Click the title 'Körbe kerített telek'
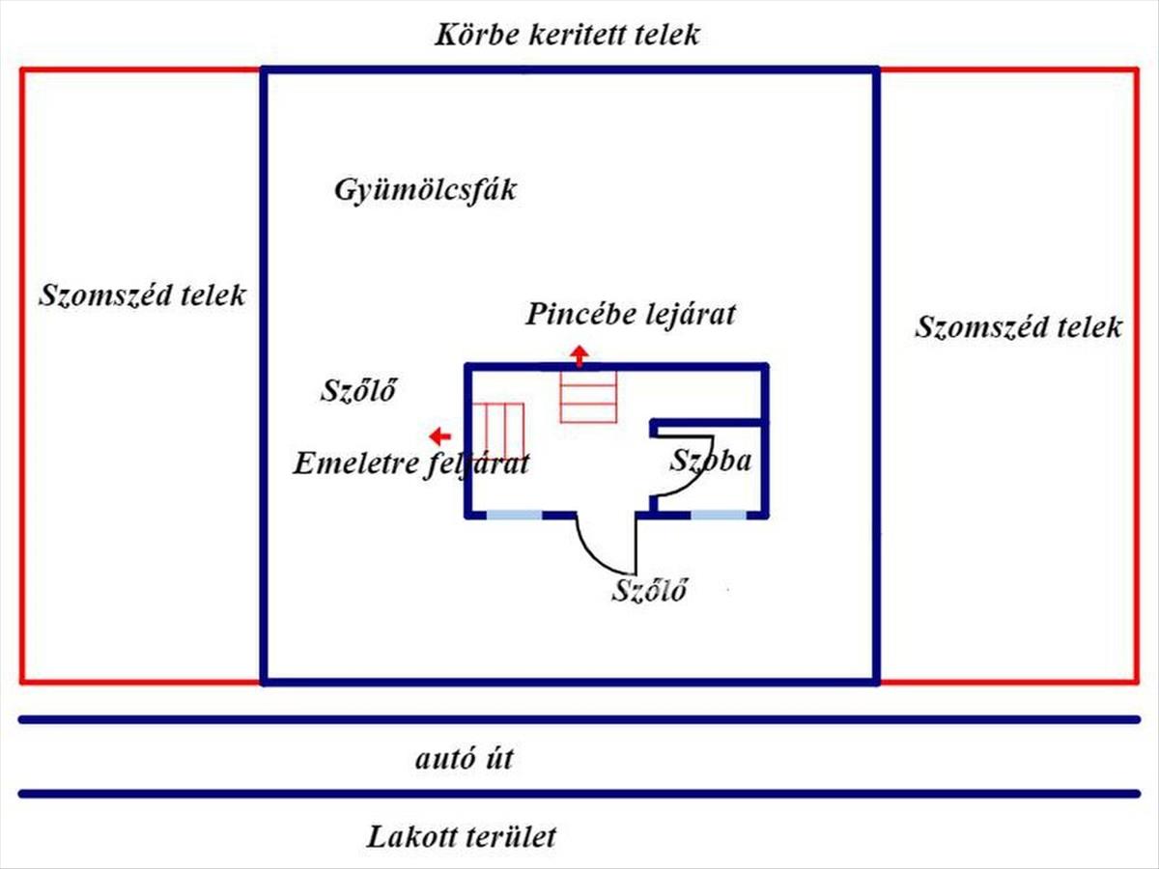(x=567, y=36)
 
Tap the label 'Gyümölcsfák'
(x=425, y=189)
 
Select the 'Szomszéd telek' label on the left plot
(x=142, y=294)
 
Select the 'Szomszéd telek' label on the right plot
(x=1018, y=326)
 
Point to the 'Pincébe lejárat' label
(x=631, y=314)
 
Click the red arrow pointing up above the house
(x=579, y=355)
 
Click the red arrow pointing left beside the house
(x=440, y=434)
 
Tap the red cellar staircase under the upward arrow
(x=588, y=398)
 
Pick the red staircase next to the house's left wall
(x=498, y=432)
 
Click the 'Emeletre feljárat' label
(x=411, y=463)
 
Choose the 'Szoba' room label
(x=711, y=460)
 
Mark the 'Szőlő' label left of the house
(x=358, y=391)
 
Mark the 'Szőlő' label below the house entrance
(x=649, y=590)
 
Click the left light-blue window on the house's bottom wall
(x=513, y=515)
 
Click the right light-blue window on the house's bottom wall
(x=719, y=515)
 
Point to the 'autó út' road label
(x=465, y=759)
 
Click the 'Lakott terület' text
(x=462, y=836)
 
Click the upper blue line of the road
(x=579, y=719)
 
